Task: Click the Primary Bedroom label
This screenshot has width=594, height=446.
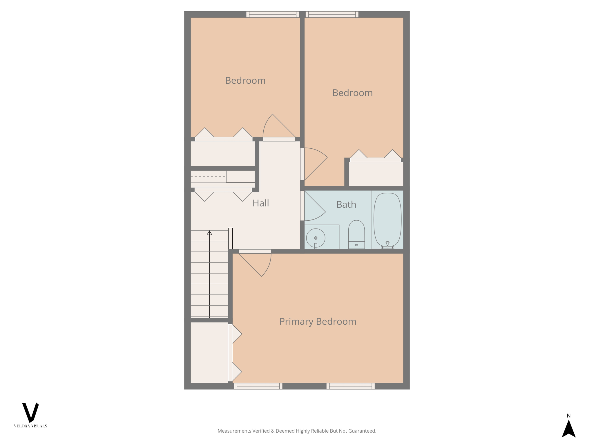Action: (x=318, y=321)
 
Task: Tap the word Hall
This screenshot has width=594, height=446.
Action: (x=260, y=203)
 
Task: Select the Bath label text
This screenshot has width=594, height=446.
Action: (x=346, y=204)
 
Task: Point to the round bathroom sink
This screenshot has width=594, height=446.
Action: (x=316, y=238)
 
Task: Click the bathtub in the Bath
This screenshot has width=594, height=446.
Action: (x=387, y=219)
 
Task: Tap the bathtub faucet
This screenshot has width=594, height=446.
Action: (x=387, y=245)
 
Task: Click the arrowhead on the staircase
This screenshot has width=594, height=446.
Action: (x=209, y=233)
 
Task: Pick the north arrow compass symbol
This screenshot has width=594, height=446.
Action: (x=568, y=429)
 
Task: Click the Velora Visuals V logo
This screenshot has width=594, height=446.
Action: (x=30, y=412)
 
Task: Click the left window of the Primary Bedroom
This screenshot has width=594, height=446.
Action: (x=258, y=386)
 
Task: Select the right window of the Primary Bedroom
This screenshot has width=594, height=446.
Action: (x=351, y=386)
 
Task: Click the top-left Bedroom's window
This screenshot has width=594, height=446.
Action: (x=273, y=14)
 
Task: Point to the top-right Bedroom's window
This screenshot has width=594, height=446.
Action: (x=332, y=14)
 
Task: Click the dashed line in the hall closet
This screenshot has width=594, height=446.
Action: (x=208, y=177)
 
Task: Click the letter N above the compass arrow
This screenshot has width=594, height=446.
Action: (x=568, y=416)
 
